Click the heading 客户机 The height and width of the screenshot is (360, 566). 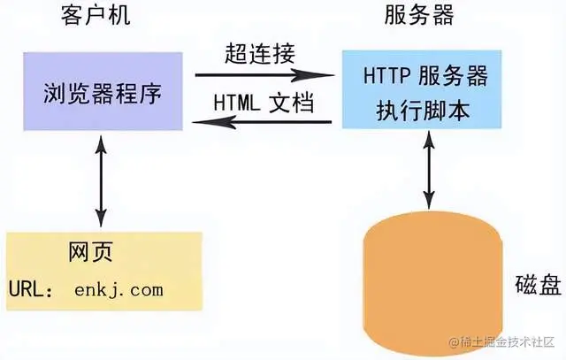tap(99, 18)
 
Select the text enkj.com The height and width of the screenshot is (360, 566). tap(119, 288)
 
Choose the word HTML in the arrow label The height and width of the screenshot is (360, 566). tap(232, 103)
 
